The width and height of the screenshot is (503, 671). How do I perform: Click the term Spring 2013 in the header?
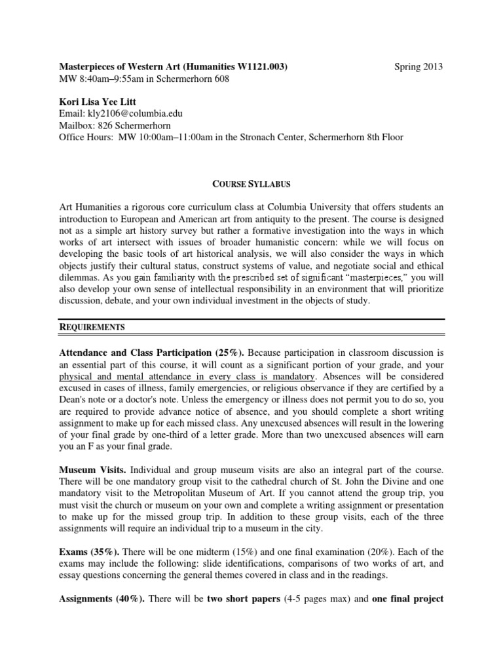419,66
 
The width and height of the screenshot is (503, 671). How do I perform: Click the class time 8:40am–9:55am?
110,79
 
